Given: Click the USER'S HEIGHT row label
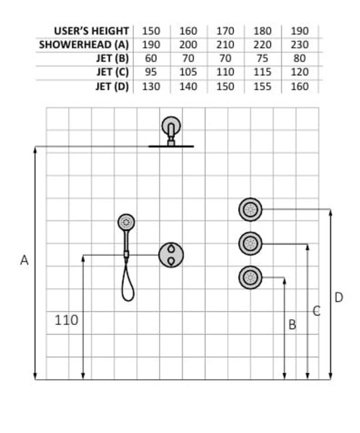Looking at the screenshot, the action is click(x=91, y=31).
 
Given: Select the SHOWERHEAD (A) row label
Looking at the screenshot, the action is click(x=84, y=45).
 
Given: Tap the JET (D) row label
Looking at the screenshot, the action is click(x=112, y=87).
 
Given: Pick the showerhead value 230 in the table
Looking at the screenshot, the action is click(x=299, y=45).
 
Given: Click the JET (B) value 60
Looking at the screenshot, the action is click(x=151, y=59).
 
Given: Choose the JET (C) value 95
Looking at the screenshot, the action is click(x=151, y=73).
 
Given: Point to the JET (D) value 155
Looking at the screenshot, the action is click(x=262, y=87).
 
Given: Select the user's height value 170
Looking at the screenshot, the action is click(x=225, y=31).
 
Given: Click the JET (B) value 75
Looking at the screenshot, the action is click(x=262, y=59).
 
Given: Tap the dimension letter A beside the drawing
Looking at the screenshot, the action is click(x=24, y=260).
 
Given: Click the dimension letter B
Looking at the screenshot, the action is click(x=292, y=324).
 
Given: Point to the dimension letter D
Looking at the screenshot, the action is click(x=339, y=297).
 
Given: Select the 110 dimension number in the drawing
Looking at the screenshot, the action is click(x=66, y=320).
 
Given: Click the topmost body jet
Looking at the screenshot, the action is click(x=250, y=210).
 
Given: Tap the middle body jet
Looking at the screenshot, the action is click(x=250, y=244).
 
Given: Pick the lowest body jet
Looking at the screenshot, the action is click(x=250, y=278).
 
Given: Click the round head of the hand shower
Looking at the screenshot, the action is click(x=126, y=222).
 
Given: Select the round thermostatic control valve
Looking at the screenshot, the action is click(x=171, y=255).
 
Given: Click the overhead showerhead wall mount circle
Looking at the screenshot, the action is click(x=171, y=126).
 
